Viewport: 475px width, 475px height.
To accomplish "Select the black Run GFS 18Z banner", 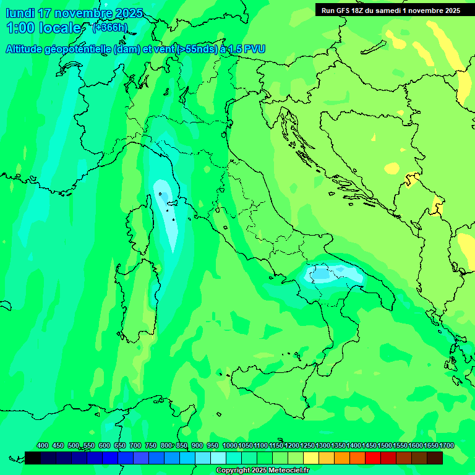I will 390,10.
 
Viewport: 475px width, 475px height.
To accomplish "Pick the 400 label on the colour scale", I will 43,445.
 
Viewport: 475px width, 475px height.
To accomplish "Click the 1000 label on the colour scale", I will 229,445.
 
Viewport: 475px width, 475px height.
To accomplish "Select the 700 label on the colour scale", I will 135,445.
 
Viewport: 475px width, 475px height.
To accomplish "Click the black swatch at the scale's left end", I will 33,458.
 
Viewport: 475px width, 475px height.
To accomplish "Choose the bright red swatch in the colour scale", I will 373,458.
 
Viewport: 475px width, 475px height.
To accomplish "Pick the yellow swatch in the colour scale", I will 311,458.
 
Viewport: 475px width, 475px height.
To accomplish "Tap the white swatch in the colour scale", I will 218,458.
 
